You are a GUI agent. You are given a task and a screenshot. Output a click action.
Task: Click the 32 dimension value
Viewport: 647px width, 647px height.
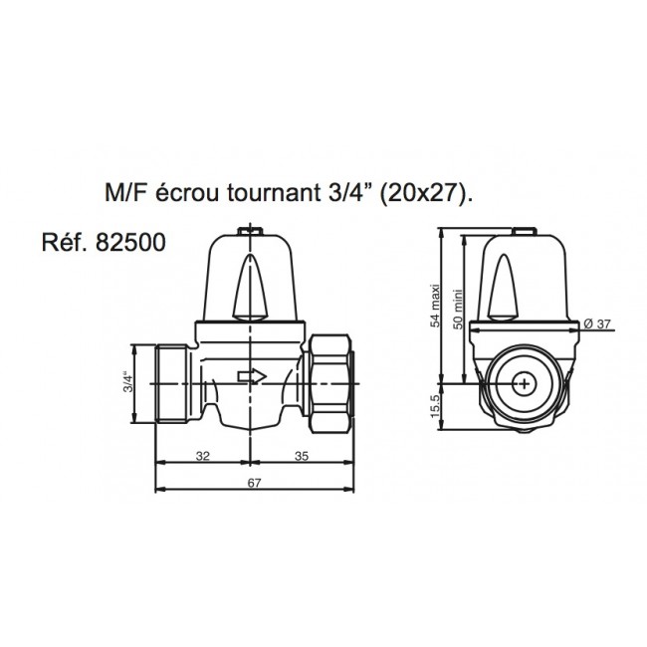(202, 457)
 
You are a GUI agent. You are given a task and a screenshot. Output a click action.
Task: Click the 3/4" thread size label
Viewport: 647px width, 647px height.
(127, 382)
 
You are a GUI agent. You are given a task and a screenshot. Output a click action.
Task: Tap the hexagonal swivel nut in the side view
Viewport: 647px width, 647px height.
(331, 378)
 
